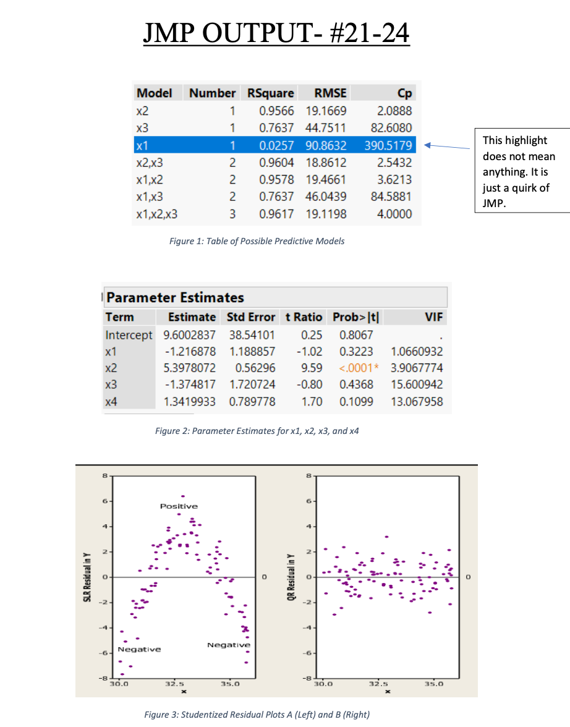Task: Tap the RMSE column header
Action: coord(330,93)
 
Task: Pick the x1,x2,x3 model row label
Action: coord(156,215)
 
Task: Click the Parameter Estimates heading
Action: coord(176,297)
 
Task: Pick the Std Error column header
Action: coord(250,317)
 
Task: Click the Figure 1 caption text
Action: coord(257,241)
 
